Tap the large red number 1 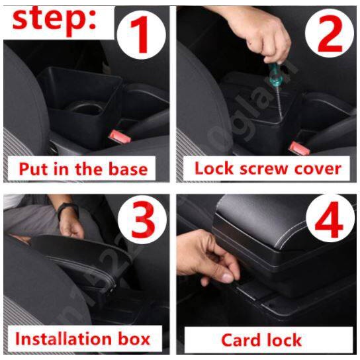(x=140, y=34)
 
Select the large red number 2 (x=330, y=34)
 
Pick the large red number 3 (x=143, y=219)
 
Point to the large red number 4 (x=328, y=220)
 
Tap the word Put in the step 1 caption (x=34, y=169)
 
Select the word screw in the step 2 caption (x=263, y=169)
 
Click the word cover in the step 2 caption (x=318, y=169)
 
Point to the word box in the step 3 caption (x=134, y=339)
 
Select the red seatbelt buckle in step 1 (x=120, y=136)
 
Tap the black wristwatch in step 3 (x=67, y=210)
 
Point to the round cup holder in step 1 (x=85, y=108)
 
